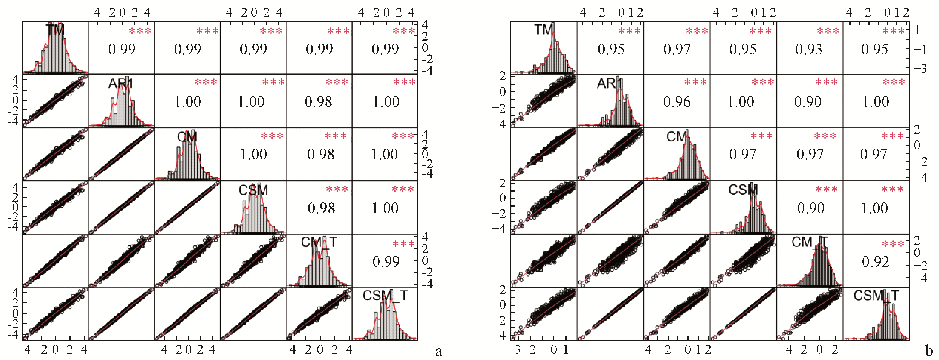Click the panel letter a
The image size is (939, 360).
coord(439,351)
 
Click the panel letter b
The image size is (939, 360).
coord(929,351)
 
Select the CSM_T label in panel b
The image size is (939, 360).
coord(876,296)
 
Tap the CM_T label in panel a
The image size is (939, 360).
coord(319,242)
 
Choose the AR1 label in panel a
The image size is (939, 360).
coord(121,84)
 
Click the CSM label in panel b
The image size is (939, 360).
coord(743,190)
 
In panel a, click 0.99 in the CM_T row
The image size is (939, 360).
coord(386,261)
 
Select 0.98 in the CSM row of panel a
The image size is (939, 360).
coord(321,208)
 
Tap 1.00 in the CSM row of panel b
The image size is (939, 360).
coord(874,208)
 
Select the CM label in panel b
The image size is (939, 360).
coord(677,137)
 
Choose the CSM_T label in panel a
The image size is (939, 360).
coord(385,296)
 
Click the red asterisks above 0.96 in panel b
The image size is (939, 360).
coord(695,82)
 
